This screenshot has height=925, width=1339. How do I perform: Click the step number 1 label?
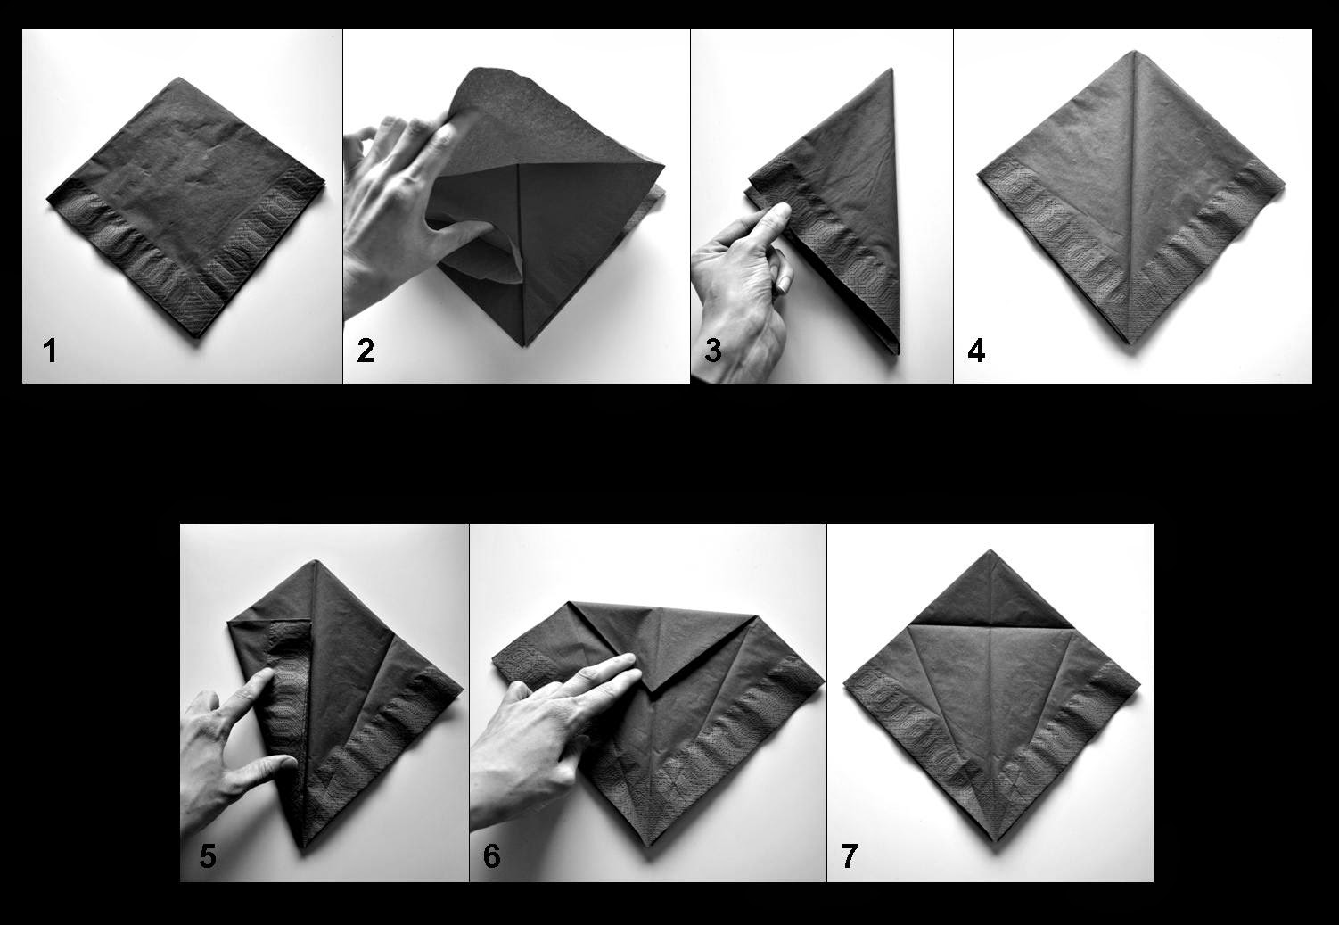pyautogui.click(x=50, y=351)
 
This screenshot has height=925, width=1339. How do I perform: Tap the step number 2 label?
pyautogui.click(x=366, y=351)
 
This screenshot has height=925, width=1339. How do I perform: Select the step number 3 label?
pyautogui.click(x=712, y=351)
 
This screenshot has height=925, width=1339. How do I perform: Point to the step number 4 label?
pyautogui.click(x=976, y=351)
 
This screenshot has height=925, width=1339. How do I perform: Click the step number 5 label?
pyautogui.click(x=207, y=856)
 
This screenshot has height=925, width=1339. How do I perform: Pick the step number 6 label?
pyautogui.click(x=491, y=856)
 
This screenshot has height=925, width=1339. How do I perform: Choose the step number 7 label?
pyautogui.click(x=849, y=856)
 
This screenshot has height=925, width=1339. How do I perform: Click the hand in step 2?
pyautogui.click(x=401, y=196)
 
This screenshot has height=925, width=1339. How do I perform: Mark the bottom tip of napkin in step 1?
pyautogui.click(x=202, y=337)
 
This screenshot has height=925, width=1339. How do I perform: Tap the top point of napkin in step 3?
pyautogui.click(x=891, y=70)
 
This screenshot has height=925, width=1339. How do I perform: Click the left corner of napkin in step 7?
pyautogui.click(x=843, y=685)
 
